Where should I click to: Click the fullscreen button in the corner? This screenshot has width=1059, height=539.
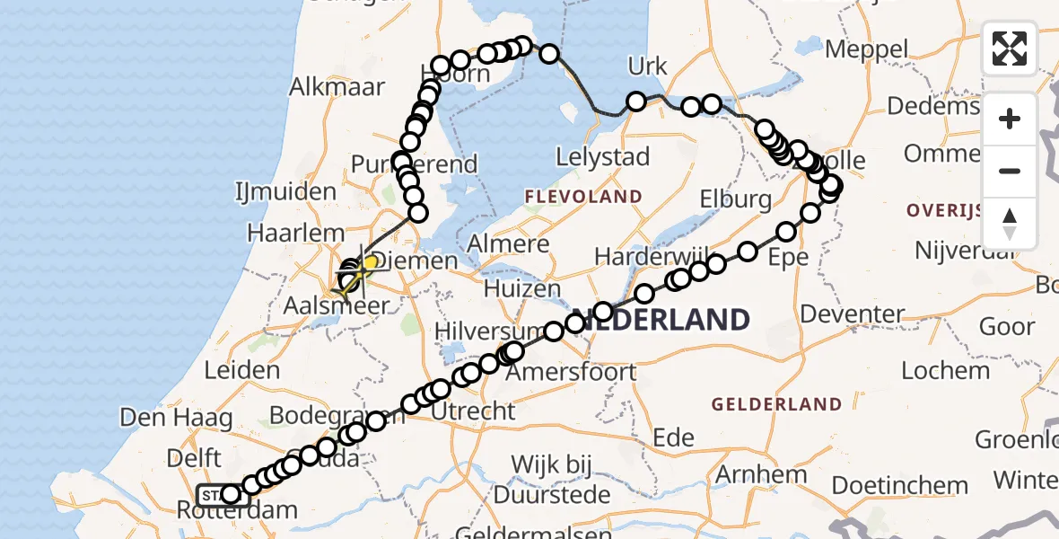(x=1010, y=49)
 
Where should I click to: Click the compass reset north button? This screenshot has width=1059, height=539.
(x=1010, y=224)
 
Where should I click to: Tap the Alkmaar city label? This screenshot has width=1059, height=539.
(x=337, y=87)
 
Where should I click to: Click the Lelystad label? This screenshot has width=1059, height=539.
(x=602, y=156)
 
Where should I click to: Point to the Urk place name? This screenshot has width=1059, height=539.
(x=648, y=66)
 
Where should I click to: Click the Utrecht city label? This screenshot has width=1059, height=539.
(x=474, y=411)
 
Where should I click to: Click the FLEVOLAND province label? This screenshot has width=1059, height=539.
(x=583, y=197)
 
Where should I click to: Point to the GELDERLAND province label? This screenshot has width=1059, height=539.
(x=777, y=404)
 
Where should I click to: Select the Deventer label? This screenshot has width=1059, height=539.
(x=853, y=314)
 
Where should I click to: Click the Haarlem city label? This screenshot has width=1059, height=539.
(x=283, y=232)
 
